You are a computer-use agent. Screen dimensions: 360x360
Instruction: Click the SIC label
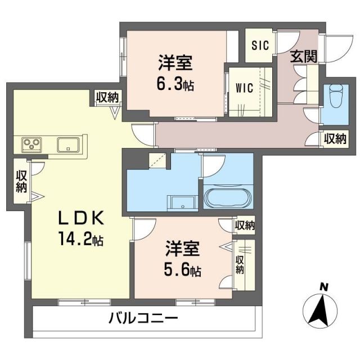260,44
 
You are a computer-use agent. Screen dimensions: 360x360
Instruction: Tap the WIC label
244,88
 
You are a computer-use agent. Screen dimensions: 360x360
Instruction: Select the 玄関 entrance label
304,56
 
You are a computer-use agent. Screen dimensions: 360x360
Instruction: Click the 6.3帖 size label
175,85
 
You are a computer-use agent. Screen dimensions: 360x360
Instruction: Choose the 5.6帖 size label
183,271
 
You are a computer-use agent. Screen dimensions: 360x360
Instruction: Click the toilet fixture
336,95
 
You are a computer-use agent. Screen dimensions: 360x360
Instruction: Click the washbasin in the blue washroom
182,202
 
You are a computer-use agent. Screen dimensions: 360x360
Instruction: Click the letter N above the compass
324,287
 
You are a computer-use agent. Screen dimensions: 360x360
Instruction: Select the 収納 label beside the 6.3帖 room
107,97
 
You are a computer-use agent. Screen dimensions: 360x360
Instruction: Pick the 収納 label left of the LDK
22,182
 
